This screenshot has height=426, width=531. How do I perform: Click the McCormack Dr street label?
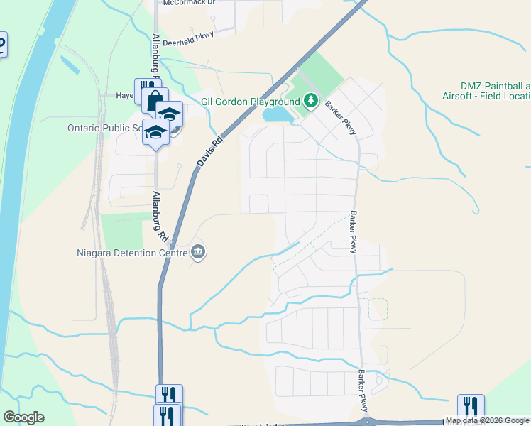point(189,3)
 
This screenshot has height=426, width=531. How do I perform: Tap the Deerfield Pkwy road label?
point(188,39)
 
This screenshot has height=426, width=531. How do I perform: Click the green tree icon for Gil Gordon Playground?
point(311,102)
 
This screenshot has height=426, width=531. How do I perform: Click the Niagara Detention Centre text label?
point(131,252)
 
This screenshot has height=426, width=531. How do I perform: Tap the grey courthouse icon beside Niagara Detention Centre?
point(198,251)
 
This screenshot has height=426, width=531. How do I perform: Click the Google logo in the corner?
point(23,417)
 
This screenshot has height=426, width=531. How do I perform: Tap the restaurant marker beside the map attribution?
point(471,406)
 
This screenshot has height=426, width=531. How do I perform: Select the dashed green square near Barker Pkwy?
point(378,309)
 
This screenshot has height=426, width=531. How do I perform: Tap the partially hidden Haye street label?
point(125,95)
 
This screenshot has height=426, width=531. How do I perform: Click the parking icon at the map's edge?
point(1,44)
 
